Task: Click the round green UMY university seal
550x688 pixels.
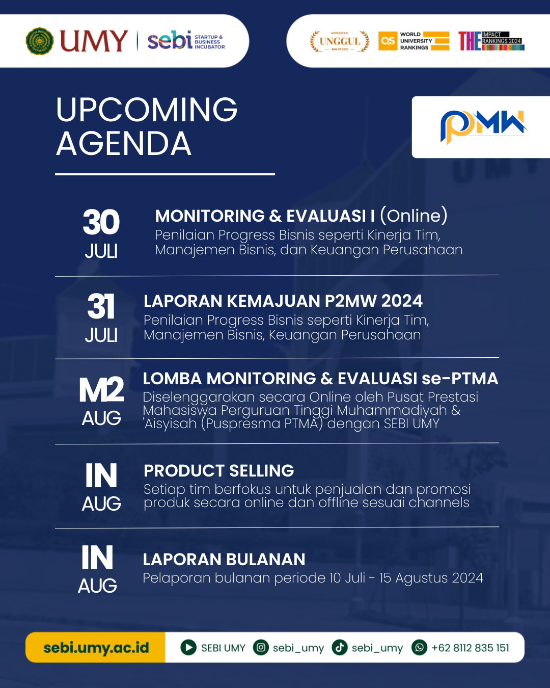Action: tap(40, 41)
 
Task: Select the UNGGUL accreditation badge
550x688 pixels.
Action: tap(340, 41)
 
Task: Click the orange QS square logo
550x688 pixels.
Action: tap(388, 41)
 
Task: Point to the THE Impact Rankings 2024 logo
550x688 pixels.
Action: tap(491, 41)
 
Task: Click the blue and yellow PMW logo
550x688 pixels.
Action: tap(483, 126)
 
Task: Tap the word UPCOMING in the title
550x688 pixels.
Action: tap(147, 110)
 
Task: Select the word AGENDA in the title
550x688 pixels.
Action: tap(124, 144)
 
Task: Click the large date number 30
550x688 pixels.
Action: tap(101, 222)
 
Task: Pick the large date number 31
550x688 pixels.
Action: tap(101, 307)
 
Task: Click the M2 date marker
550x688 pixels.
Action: tap(101, 389)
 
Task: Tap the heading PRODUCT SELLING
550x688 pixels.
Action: tap(218, 470)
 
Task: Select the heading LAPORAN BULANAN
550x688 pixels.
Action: tap(224, 560)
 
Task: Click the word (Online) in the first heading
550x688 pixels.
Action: tap(414, 216)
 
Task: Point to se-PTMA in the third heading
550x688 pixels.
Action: tap(460, 379)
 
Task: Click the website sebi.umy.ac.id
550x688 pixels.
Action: tap(96, 648)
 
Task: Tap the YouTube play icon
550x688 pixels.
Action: tap(188, 647)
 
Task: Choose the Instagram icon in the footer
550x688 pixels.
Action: tap(261, 647)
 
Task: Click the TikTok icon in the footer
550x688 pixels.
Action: tap(340, 647)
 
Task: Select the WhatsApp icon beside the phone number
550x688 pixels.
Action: tap(419, 647)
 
